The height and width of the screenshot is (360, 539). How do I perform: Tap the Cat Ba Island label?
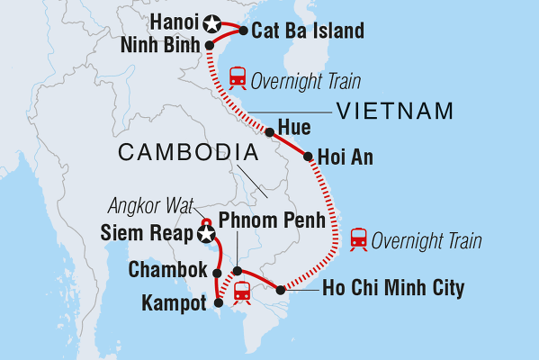(308, 31)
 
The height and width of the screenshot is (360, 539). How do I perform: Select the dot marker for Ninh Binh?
(210, 44)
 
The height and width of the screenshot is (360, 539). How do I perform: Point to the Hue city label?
(294, 128)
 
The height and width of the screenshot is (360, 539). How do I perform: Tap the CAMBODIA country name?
(181, 155)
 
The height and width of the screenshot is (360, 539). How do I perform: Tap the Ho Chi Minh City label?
(393, 289)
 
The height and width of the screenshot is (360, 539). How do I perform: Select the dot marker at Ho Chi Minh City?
(281, 290)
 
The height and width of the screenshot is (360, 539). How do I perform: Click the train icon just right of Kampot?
(242, 292)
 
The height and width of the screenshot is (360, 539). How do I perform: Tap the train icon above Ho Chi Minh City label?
(359, 239)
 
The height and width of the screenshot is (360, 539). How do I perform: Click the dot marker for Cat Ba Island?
(244, 31)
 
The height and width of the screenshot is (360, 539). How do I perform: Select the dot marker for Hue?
(269, 131)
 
